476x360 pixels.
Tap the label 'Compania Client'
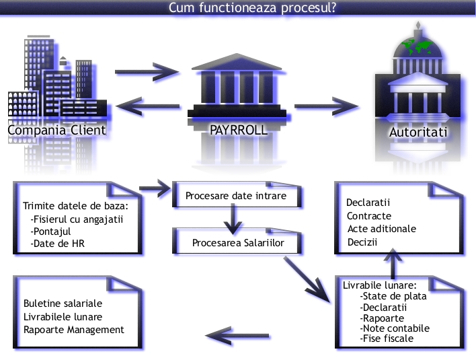tap(56, 130)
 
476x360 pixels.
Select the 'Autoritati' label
tap(418, 133)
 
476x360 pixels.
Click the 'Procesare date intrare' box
tap(235, 196)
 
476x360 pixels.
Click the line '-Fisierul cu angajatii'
tap(77, 219)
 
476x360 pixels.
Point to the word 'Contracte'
tap(368, 216)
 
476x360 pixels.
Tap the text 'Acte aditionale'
tap(382, 229)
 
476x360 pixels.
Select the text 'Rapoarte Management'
tap(74, 330)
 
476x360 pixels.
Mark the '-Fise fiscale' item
tap(387, 338)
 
